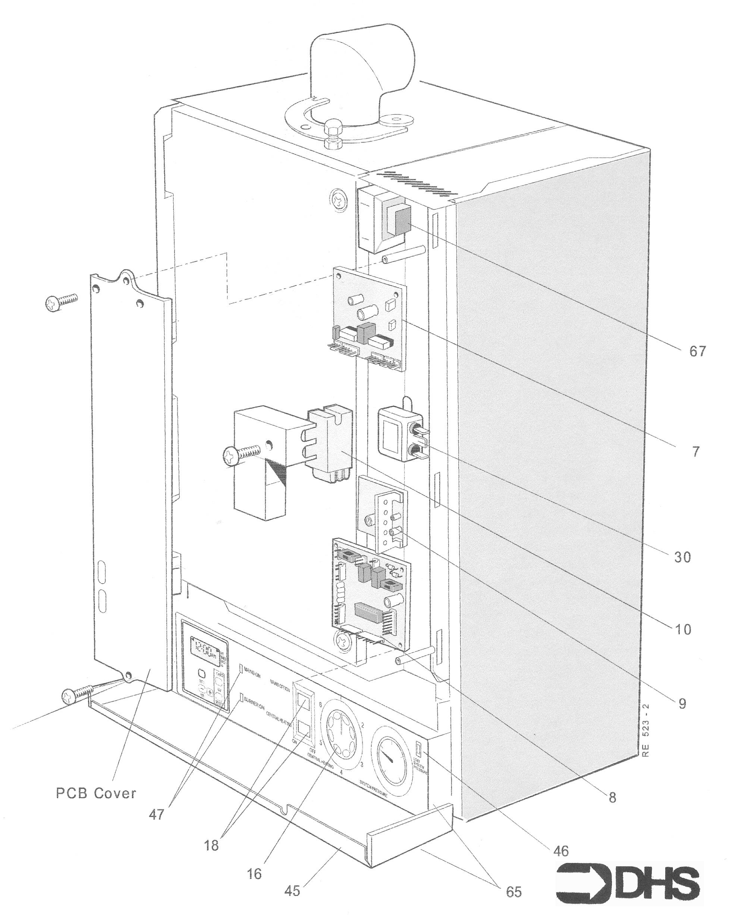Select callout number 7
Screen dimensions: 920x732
click(696, 452)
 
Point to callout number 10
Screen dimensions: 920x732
click(682, 629)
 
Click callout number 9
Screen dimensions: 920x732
click(682, 704)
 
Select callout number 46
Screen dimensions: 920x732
click(561, 851)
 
